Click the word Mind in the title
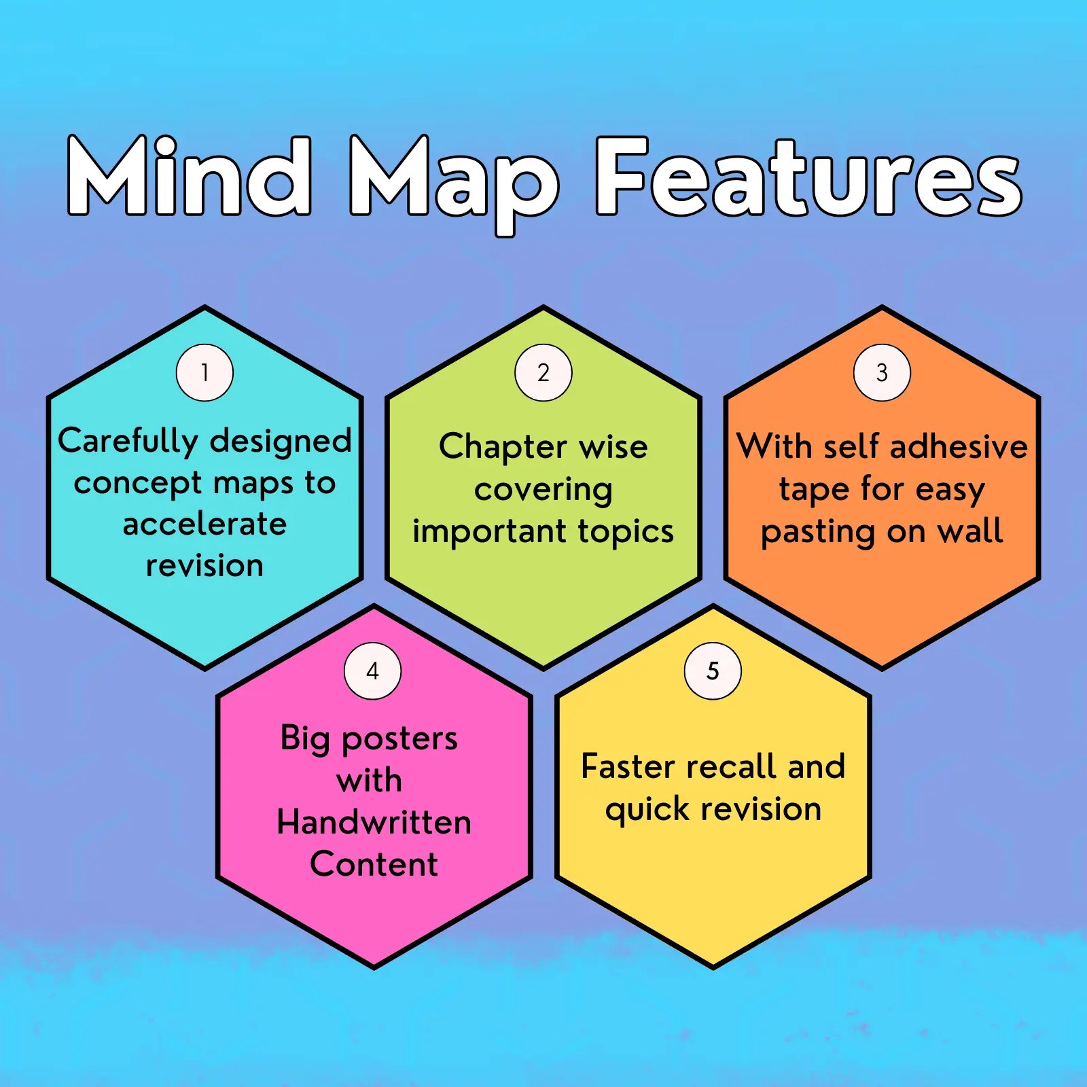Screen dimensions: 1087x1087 pyautogui.click(x=190, y=177)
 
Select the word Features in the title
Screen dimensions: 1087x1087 pyautogui.click(x=808, y=177)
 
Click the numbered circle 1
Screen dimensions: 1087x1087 pyautogui.click(x=204, y=372)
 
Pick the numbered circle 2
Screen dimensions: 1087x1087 pyautogui.click(x=543, y=372)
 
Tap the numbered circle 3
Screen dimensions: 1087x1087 pyautogui.click(x=882, y=372)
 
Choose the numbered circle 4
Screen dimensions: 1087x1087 pyautogui.click(x=372, y=671)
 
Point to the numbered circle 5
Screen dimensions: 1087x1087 pyautogui.click(x=713, y=671)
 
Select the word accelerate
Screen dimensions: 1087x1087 pyautogui.click(x=204, y=524)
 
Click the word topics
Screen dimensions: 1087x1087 pyautogui.click(x=626, y=532)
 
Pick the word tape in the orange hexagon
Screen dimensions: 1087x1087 pyautogui.click(x=813, y=491)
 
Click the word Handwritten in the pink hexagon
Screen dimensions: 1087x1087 pyautogui.click(x=374, y=822)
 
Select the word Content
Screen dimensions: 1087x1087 pyautogui.click(x=374, y=864)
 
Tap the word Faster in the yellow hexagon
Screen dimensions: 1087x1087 pyautogui.click(x=628, y=766)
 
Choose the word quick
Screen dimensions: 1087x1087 pyautogui.click(x=647, y=810)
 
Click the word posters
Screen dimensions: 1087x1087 pyautogui.click(x=399, y=739)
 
